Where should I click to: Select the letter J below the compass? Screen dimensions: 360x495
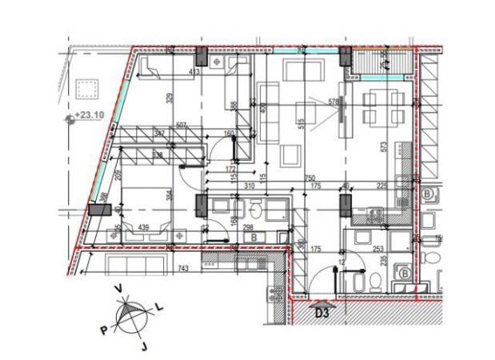click(x=145, y=346)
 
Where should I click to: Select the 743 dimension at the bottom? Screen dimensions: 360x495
click(x=183, y=270)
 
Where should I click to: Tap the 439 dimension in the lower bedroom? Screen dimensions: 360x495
click(x=145, y=228)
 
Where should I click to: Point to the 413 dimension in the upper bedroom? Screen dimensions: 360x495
click(x=193, y=72)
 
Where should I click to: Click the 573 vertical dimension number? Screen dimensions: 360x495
click(x=385, y=148)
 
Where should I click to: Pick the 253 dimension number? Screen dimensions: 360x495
click(x=378, y=250)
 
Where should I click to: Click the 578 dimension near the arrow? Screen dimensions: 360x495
click(x=333, y=102)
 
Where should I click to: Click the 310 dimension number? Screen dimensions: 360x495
click(x=249, y=186)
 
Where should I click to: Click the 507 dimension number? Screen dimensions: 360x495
click(x=182, y=125)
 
